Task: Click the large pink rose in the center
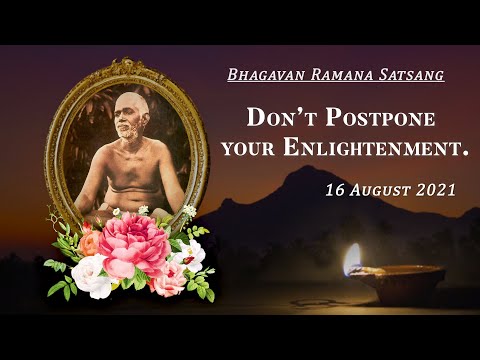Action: tap(133, 244)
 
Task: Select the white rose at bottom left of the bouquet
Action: tap(92, 274)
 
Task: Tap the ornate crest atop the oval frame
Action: tap(127, 69)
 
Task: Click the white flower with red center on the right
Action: tap(187, 255)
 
